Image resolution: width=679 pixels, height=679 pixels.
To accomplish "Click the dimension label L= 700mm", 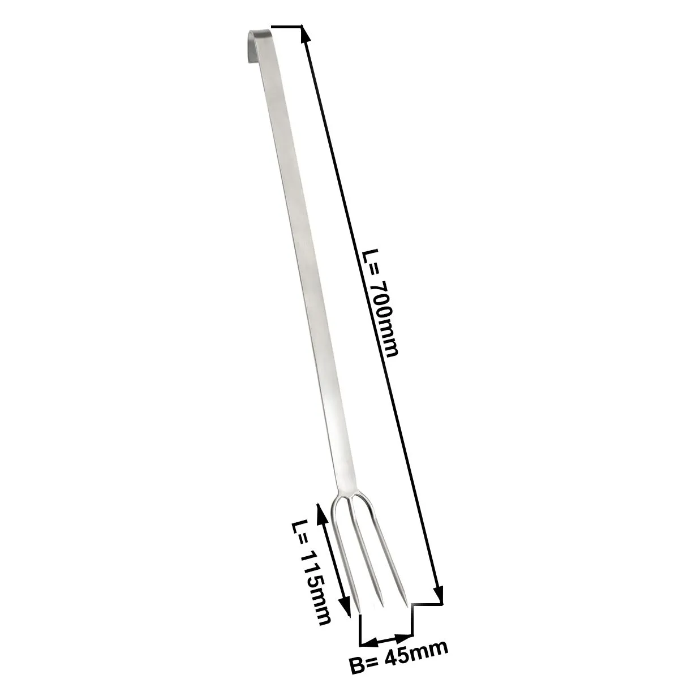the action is pos(381,303).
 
